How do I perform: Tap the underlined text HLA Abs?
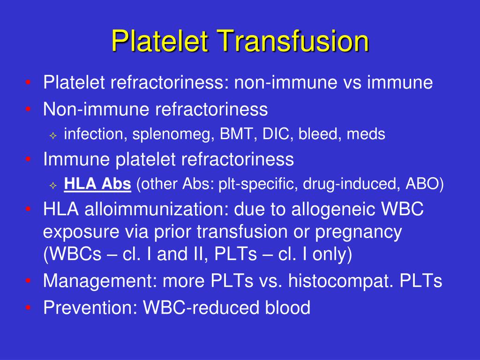click(x=97, y=184)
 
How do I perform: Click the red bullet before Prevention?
click(x=29, y=308)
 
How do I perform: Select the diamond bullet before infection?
click(x=53, y=136)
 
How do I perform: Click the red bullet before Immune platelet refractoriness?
click(x=29, y=160)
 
